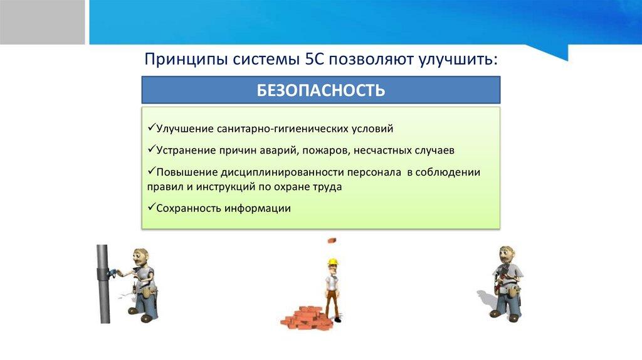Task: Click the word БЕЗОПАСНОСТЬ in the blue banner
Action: pos(320,90)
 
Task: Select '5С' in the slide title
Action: pos(315,59)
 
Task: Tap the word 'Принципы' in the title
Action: pos(186,60)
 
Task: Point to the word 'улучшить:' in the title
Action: pos(458,60)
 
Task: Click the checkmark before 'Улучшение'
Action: pos(152,127)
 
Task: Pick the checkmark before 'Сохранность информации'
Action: pos(152,206)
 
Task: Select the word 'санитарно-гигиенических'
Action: pos(283,129)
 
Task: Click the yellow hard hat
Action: pos(333,262)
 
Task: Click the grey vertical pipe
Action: pos(103,284)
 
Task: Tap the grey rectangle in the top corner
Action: pos(42,22)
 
